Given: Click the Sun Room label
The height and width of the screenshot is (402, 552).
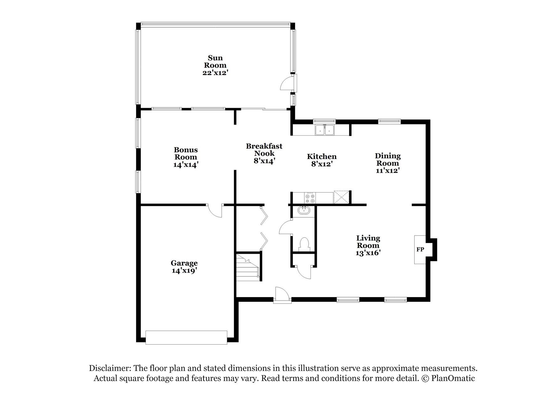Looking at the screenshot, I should tap(215, 62).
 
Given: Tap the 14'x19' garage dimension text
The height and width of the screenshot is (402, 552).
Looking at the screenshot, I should tap(184, 271).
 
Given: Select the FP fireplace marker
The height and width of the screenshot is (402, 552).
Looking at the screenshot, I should tap(420, 250).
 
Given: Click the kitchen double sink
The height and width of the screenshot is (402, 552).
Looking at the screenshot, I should tap(325, 130).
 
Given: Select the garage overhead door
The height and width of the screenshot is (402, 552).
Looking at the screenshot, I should tap(186, 338).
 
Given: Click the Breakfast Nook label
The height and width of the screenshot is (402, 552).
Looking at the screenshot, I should tap(264, 149).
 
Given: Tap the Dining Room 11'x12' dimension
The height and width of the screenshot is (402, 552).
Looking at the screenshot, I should tap(388, 171).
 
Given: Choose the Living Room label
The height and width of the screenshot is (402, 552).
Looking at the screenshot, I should tap(368, 242).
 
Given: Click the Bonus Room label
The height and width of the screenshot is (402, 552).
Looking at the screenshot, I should tap(186, 153).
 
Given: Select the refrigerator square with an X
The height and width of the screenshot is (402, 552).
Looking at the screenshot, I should tap(341, 197).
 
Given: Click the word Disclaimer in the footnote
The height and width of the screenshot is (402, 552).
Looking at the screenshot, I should tap(109, 368).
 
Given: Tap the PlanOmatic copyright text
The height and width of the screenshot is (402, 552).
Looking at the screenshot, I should tap(449, 378).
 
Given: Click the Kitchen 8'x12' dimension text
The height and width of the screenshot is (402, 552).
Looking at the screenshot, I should tap(322, 164).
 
